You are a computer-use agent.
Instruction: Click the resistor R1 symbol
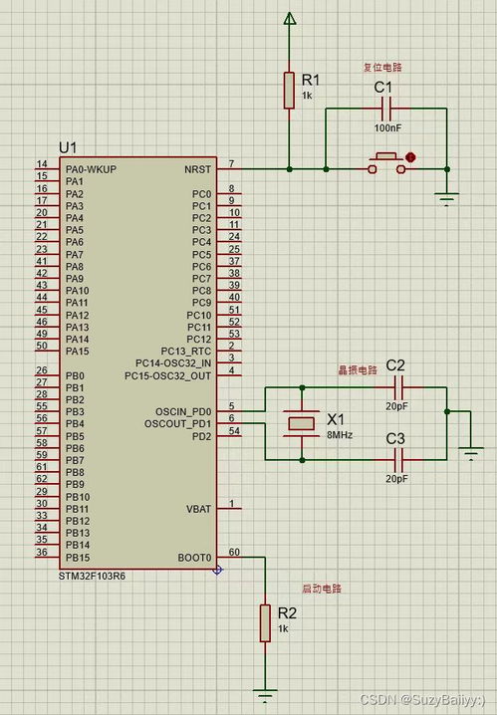[x=289, y=91]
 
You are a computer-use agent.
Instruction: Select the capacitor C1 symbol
[x=386, y=109]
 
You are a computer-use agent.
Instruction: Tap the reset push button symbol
[x=386, y=164]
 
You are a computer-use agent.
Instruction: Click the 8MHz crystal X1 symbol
[x=302, y=423]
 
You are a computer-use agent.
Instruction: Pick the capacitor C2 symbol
[x=398, y=387]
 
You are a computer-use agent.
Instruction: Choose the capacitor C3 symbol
[x=398, y=460]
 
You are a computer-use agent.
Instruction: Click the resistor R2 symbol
[x=265, y=623]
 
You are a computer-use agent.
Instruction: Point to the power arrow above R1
[x=289, y=18]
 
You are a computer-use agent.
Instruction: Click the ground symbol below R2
[x=265, y=694]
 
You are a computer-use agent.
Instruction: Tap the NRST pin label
[x=198, y=169]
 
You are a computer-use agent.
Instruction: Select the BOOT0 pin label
[x=194, y=558]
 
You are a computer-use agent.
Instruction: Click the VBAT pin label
[x=199, y=509]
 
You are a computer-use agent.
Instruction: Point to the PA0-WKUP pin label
[x=92, y=169]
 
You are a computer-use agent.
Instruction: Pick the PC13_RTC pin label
[x=186, y=352]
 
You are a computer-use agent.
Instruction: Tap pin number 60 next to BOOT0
[x=234, y=553]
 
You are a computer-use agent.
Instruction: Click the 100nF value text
[x=388, y=128]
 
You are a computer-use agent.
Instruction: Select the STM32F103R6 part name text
[x=92, y=576]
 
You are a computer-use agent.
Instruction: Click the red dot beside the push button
[x=410, y=157]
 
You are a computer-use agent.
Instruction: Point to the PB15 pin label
[x=78, y=558]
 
